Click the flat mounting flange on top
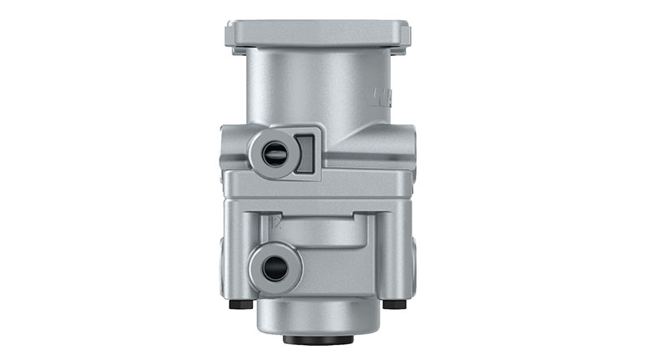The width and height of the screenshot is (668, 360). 317,33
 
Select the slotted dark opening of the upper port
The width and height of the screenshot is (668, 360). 273,152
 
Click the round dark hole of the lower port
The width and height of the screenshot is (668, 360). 274,268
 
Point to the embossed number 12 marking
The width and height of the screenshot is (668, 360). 277,222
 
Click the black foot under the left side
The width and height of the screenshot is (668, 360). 240,304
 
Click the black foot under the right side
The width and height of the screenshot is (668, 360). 394,304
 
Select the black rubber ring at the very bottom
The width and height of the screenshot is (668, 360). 317,340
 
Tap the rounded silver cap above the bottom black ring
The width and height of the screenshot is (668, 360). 317,317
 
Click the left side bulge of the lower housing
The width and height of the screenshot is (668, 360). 226,251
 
